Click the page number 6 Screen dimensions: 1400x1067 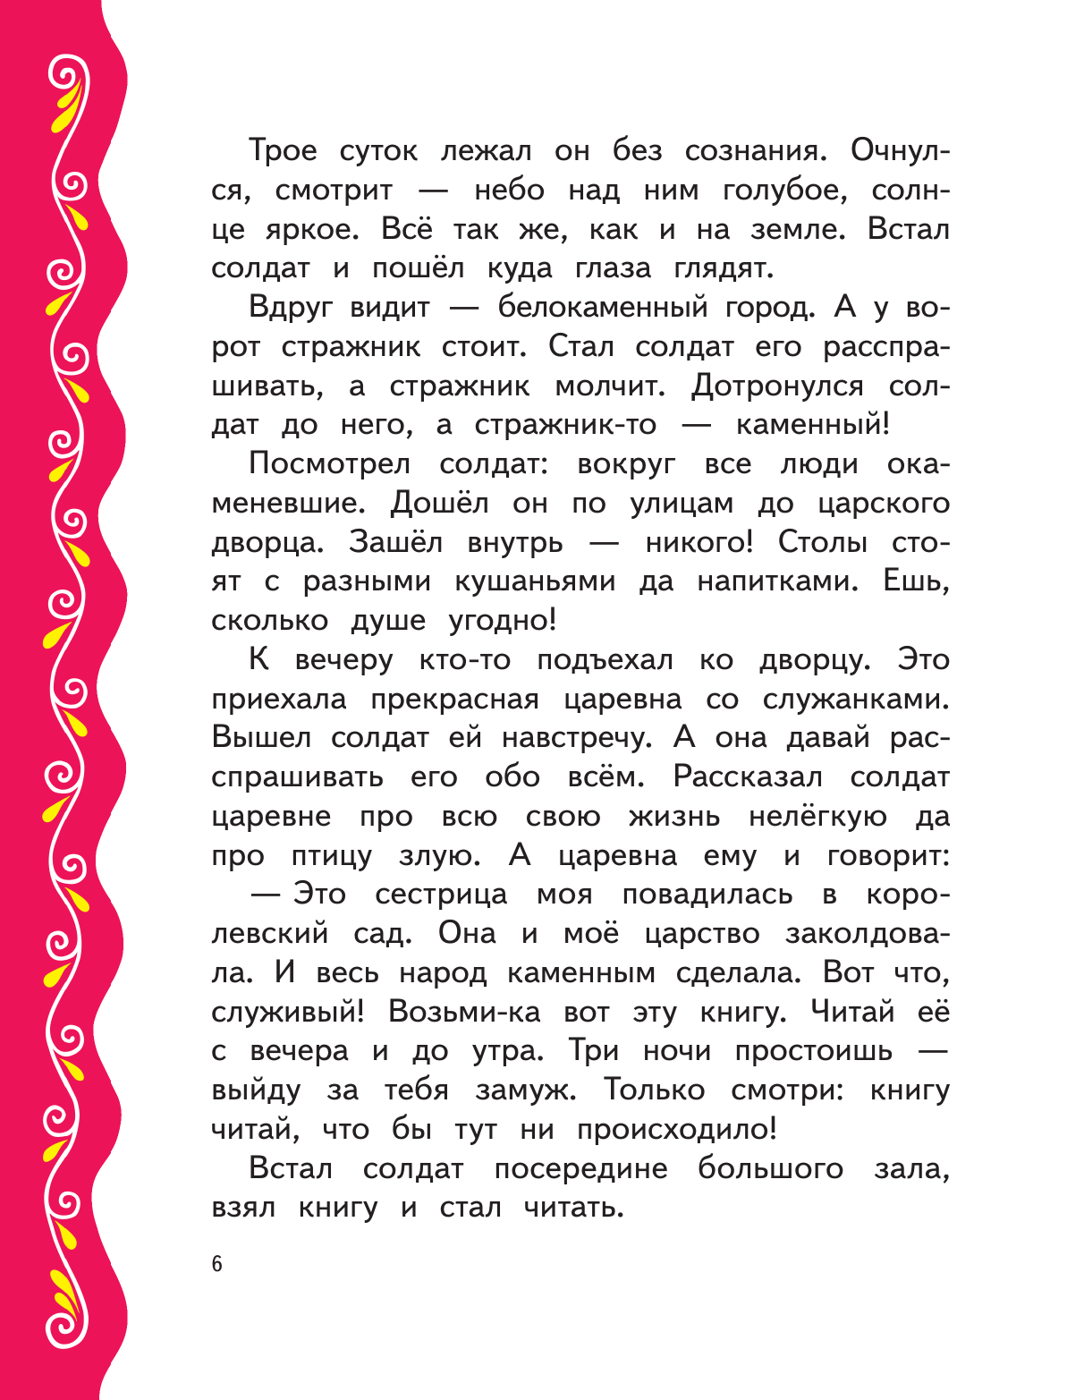(x=217, y=1264)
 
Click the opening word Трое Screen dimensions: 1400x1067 (x=283, y=150)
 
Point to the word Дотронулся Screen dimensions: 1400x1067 (x=777, y=386)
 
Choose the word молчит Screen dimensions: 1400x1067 (x=610, y=386)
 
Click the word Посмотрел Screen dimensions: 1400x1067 (x=330, y=463)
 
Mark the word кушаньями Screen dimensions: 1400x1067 (x=535, y=581)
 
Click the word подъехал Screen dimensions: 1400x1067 (x=605, y=660)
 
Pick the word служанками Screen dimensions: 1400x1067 (x=856, y=699)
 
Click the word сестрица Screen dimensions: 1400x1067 (x=441, y=895)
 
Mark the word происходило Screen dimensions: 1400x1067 (x=676, y=1130)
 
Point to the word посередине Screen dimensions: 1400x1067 (x=580, y=1169)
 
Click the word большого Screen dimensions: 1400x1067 (x=770, y=1169)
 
